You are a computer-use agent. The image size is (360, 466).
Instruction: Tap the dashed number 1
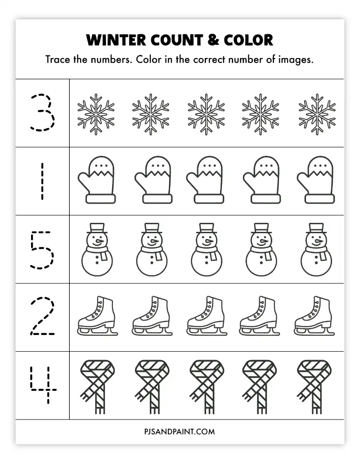(x=42, y=181)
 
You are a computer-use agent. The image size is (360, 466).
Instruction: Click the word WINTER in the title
(x=116, y=40)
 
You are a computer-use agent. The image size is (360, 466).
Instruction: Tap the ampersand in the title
(x=213, y=40)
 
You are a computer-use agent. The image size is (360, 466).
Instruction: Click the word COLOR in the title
(x=248, y=40)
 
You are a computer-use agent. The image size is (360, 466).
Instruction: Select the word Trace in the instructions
(x=58, y=59)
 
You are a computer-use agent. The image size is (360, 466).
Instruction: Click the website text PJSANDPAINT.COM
(x=180, y=431)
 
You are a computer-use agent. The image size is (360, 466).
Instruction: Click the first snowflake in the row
(x=96, y=114)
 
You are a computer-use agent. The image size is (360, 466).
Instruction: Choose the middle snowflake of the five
(x=206, y=114)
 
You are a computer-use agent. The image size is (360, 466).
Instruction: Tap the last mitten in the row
(x=316, y=180)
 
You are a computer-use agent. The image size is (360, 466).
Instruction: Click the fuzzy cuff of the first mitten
(x=101, y=199)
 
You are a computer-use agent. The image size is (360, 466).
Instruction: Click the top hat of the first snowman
(x=97, y=228)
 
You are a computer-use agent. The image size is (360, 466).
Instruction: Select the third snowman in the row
(x=207, y=249)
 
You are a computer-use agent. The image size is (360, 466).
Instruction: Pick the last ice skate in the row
(x=314, y=316)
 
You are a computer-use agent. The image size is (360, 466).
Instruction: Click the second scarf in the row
(x=152, y=387)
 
